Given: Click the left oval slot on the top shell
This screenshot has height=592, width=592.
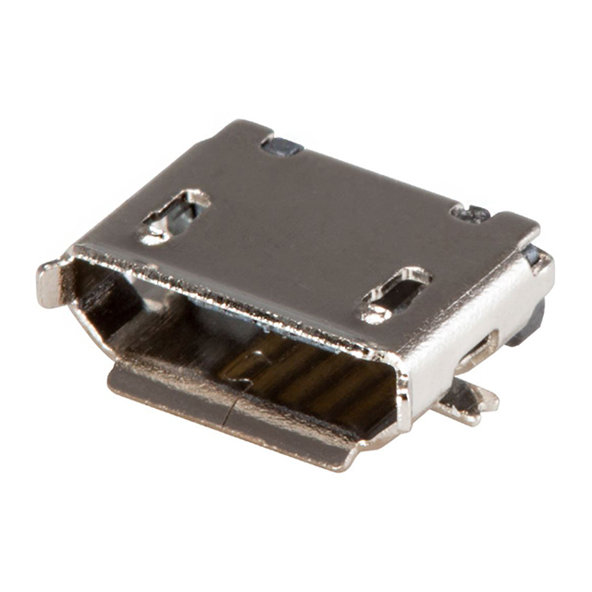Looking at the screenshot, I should [175, 216].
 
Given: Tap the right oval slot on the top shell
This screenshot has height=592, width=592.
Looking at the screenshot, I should [395, 293].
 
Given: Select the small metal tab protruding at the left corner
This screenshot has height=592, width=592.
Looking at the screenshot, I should [50, 282].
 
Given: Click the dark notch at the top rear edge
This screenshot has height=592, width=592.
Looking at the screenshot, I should [279, 144].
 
